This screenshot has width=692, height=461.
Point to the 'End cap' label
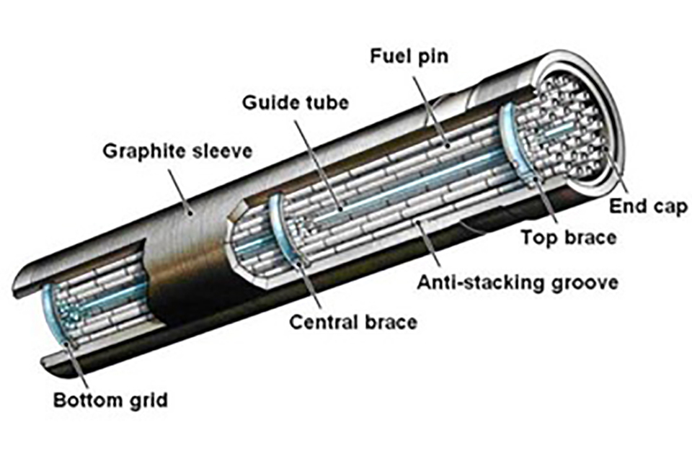642,207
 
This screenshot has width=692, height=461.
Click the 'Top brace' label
568,237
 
